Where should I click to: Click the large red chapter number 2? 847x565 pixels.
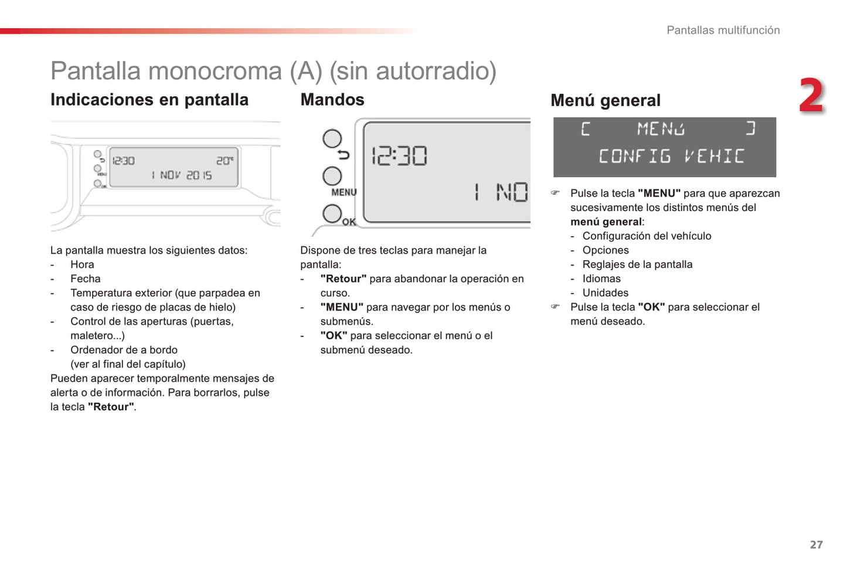click(812, 96)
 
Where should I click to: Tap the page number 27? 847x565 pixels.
click(816, 544)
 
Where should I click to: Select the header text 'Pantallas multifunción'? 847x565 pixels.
click(723, 30)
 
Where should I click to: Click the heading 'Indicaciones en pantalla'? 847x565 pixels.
click(149, 100)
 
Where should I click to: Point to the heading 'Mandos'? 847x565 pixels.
click(332, 100)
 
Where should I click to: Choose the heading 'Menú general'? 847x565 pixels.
click(606, 101)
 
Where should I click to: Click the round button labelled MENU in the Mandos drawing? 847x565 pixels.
click(332, 176)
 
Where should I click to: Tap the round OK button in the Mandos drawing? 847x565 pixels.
click(332, 214)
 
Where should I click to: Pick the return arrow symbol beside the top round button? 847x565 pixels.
click(343, 154)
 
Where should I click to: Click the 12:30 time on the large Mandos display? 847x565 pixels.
click(399, 156)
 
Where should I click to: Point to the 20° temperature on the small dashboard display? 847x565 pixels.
click(224, 161)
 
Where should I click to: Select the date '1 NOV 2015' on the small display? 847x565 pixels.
click(182, 175)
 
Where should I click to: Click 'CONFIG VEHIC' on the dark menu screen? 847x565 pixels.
click(671, 156)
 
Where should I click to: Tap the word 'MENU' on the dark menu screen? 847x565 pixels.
click(661, 128)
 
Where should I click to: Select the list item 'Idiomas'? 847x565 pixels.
click(601, 279)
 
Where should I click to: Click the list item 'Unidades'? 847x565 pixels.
click(606, 293)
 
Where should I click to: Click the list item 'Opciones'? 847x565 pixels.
click(606, 250)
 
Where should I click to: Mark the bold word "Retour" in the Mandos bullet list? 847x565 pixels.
click(343, 279)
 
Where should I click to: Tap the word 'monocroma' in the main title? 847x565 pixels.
click(215, 72)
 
